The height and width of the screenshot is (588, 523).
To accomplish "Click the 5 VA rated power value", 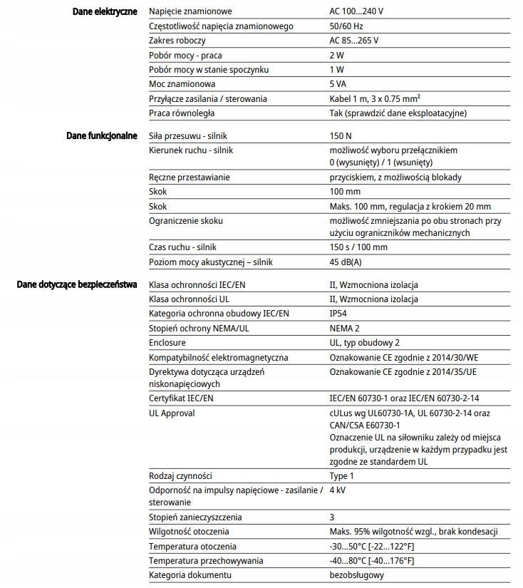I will pyautogui.click(x=340, y=84).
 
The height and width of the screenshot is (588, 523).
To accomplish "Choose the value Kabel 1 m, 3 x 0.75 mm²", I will pyautogui.click(x=378, y=98).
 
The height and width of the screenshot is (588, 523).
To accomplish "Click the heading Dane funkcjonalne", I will pyautogui.click(x=101, y=135).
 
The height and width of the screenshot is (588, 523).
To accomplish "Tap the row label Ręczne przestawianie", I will pyautogui.click(x=189, y=177).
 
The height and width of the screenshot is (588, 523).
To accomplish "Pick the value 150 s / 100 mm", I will pyautogui.click(x=358, y=247).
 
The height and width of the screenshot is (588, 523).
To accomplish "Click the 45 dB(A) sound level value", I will pyautogui.click(x=346, y=262).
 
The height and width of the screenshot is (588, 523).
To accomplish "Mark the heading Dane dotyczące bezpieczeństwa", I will pyautogui.click(x=76, y=285).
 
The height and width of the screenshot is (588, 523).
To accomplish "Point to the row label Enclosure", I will pyautogui.click(x=167, y=343).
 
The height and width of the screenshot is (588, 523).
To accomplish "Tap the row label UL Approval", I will pyautogui.click(x=172, y=413).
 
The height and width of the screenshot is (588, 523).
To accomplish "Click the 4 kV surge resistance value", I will pyautogui.click(x=338, y=490).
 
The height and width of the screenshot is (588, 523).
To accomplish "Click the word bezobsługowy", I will pyautogui.click(x=357, y=574).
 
